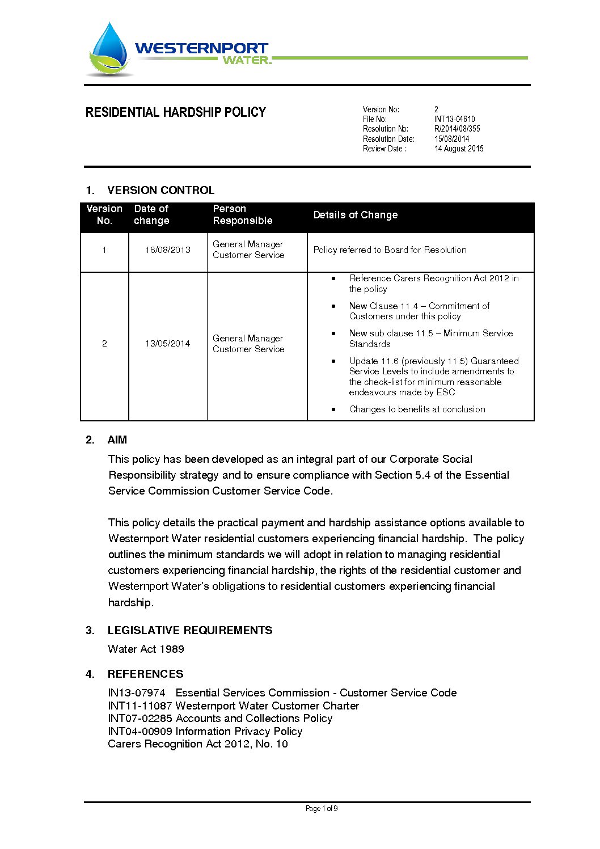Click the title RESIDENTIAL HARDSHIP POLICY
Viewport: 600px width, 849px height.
tap(175, 112)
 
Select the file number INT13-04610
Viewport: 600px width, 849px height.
tap(454, 119)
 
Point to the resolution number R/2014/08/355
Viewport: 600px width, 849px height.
tap(457, 129)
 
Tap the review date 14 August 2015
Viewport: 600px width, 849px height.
tap(459, 149)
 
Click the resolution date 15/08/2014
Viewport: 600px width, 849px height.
tap(451, 139)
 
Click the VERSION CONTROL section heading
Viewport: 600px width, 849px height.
tap(160, 190)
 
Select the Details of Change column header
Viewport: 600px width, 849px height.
tap(355, 215)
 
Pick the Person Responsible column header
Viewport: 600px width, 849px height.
tap(242, 215)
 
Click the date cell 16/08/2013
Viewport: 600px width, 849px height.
tap(167, 250)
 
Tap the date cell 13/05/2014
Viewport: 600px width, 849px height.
tap(167, 344)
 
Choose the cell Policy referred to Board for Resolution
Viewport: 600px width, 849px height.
tap(390, 250)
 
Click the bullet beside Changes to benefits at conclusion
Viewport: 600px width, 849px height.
tap(333, 409)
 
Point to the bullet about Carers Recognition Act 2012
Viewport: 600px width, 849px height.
tap(333, 278)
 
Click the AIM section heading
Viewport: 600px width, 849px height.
tap(117, 440)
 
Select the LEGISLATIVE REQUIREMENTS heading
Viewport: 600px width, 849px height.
tap(189, 631)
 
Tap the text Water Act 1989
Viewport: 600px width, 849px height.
tap(146, 649)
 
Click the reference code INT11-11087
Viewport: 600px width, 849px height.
tap(140, 706)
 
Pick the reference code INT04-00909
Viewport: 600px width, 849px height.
tap(140, 732)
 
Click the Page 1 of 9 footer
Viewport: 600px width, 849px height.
tap(321, 809)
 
